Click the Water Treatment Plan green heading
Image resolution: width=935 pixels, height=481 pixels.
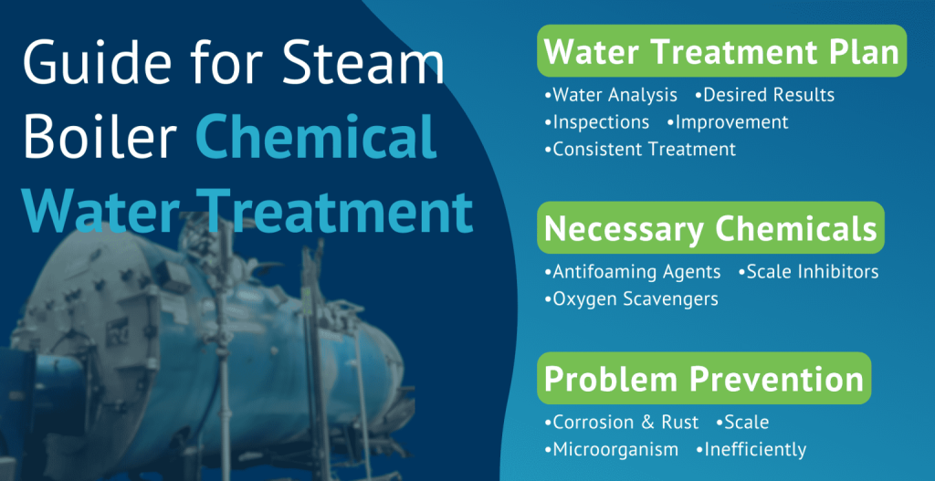click(721, 51)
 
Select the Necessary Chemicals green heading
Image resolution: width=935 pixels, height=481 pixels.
click(710, 227)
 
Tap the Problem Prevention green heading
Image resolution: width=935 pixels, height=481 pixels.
click(703, 378)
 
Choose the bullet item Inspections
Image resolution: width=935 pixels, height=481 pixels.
click(601, 121)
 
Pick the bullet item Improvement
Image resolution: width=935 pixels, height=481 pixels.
click(731, 121)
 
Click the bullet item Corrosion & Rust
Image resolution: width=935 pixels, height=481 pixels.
click(625, 422)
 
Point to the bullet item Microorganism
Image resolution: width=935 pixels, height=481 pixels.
click(615, 449)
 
